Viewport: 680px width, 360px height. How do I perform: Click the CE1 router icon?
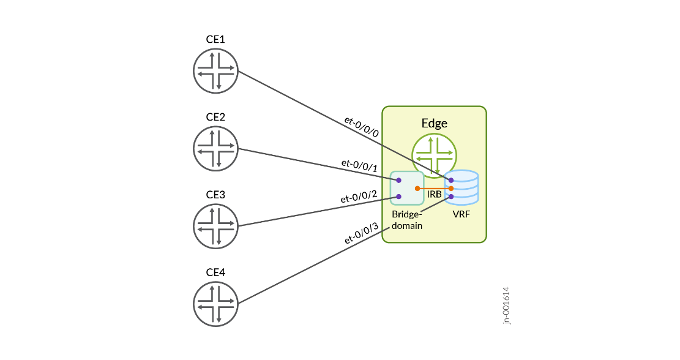pyautogui.click(x=215, y=71)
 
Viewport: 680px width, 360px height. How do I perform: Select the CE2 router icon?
pyautogui.click(x=215, y=149)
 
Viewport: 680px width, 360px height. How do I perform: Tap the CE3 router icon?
pyautogui.click(x=215, y=226)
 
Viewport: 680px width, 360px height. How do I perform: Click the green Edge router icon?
pyautogui.click(x=434, y=155)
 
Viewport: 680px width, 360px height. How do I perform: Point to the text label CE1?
pyautogui.click(x=215, y=40)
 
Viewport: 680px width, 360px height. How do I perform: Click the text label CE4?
pyautogui.click(x=215, y=272)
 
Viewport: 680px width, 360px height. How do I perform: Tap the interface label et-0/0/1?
pyautogui.click(x=359, y=165)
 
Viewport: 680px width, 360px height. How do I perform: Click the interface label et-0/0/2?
pyautogui.click(x=359, y=197)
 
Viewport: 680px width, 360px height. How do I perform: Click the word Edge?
pyautogui.click(x=434, y=123)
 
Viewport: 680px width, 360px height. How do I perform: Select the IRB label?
pyautogui.click(x=435, y=195)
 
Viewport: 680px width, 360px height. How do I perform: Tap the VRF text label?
pyautogui.click(x=461, y=214)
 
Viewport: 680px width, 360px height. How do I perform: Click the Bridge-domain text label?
pyautogui.click(x=407, y=220)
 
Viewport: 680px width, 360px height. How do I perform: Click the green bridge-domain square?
pyautogui.click(x=407, y=188)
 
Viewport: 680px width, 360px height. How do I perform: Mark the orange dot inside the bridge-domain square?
pyautogui.click(x=417, y=188)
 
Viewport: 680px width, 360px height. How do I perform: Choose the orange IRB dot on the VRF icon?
pyautogui.click(x=451, y=189)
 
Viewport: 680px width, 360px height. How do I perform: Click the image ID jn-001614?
pyautogui.click(x=506, y=306)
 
